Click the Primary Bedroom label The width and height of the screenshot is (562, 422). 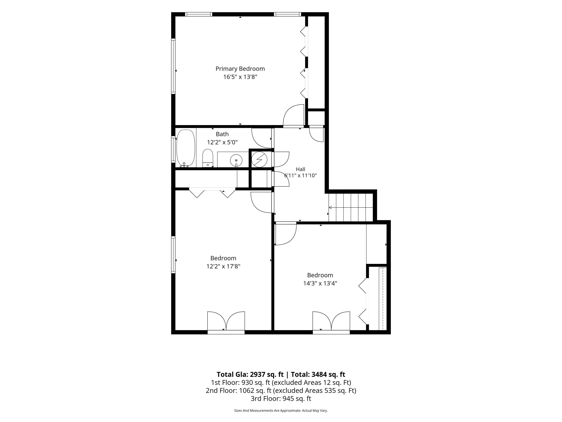(240, 69)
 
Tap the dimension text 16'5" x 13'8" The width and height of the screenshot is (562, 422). (240, 77)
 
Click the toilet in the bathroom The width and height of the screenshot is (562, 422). (208, 158)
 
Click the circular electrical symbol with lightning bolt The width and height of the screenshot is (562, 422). (259, 159)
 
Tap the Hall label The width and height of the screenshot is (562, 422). (300, 169)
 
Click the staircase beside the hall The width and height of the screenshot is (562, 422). (351, 207)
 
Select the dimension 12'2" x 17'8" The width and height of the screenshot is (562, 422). (223, 266)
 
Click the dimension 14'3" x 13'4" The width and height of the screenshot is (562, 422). (320, 283)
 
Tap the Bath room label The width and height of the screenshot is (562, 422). (222, 134)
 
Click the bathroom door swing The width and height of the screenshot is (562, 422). (262, 138)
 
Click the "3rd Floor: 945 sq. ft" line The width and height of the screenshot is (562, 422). (281, 399)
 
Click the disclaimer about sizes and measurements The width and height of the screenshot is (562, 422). (281, 410)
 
